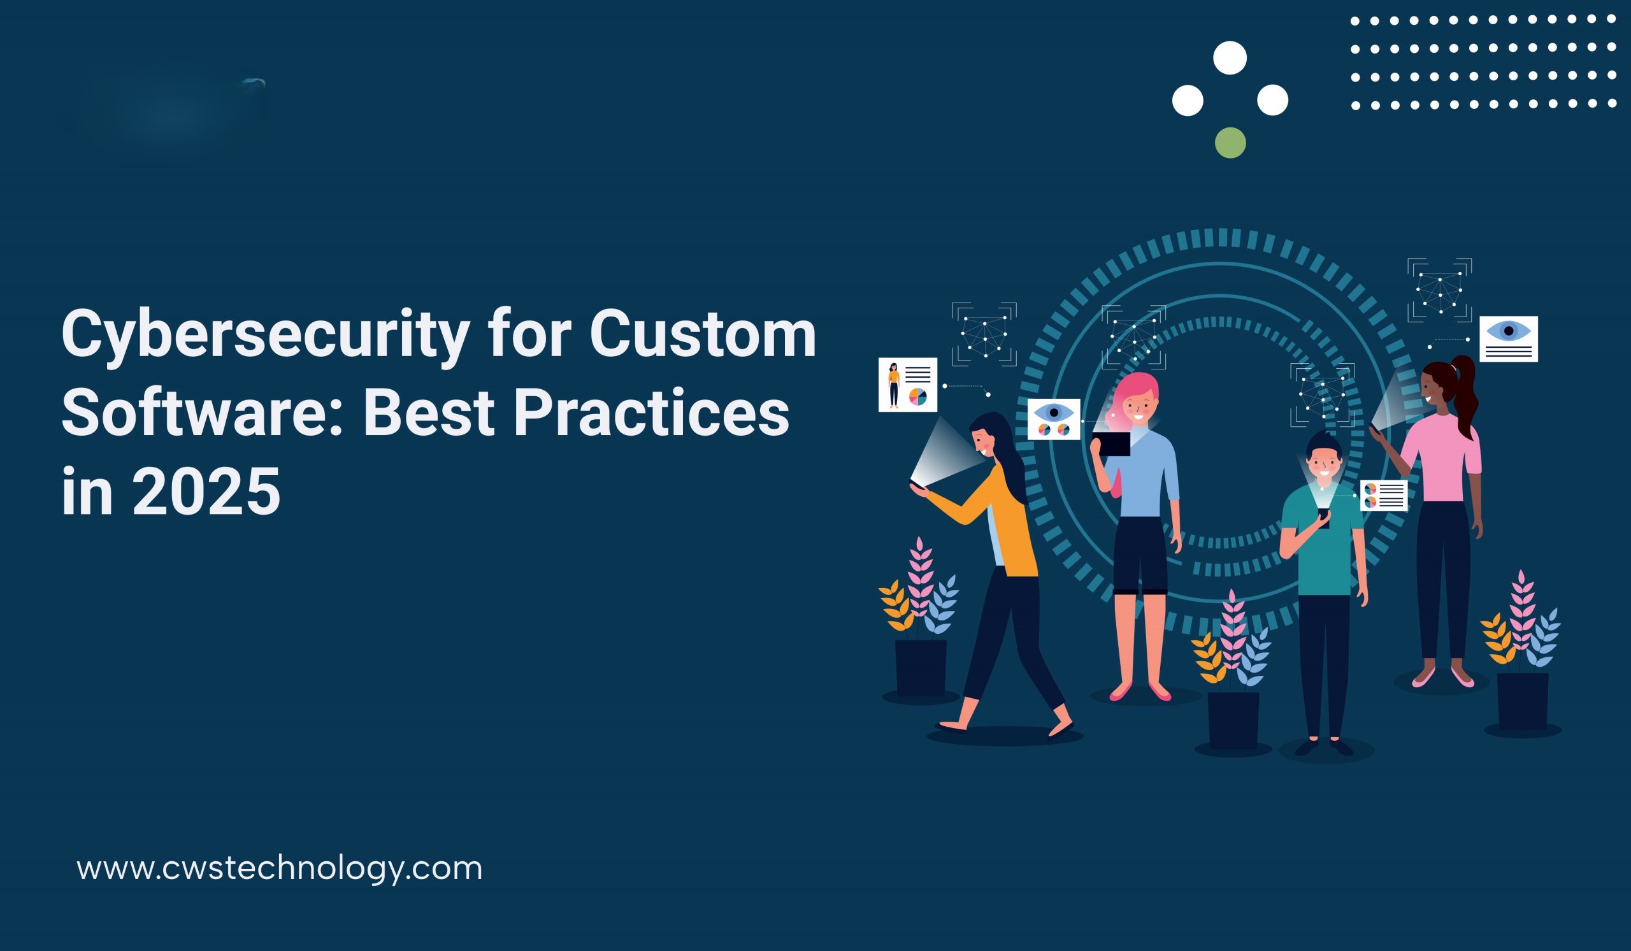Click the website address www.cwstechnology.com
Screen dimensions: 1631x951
click(x=280, y=868)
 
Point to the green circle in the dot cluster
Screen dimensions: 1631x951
click(x=1230, y=143)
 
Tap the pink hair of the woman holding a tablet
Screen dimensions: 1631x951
click(x=1135, y=391)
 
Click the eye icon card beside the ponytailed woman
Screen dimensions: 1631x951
click(x=1509, y=338)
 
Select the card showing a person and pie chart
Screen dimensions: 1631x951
click(x=907, y=384)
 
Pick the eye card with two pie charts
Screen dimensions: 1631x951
click(x=1054, y=419)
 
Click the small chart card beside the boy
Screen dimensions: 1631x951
click(x=1384, y=496)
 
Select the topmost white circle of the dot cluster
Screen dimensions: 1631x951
click(x=1230, y=57)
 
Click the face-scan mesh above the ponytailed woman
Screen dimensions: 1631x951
click(x=1439, y=290)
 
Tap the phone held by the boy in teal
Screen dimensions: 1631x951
click(x=1323, y=518)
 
